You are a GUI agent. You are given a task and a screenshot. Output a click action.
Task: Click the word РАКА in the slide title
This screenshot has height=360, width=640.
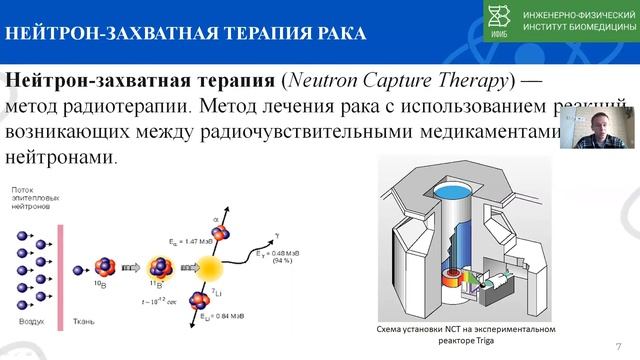(x=333, y=34)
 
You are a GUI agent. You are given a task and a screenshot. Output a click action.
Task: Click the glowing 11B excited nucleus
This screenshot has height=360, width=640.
(x=156, y=267)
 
